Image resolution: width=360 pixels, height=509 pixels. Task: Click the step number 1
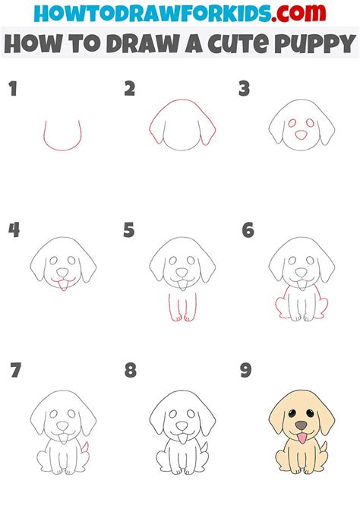tap(12, 90)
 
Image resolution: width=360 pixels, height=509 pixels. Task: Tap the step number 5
tap(129, 230)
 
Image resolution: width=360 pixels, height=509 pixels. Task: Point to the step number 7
tap(14, 371)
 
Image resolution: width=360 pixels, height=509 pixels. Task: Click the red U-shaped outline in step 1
tap(62, 137)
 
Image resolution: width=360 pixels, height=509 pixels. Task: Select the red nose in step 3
tap(302, 134)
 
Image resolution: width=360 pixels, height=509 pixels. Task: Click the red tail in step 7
tap(84, 447)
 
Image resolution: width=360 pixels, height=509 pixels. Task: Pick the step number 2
tap(130, 90)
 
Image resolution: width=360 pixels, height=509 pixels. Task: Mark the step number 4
tap(13, 230)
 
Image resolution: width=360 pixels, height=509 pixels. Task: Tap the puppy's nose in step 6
tap(301, 272)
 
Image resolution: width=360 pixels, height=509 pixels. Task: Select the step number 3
tap(245, 90)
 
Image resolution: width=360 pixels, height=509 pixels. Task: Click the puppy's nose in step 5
tap(182, 272)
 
